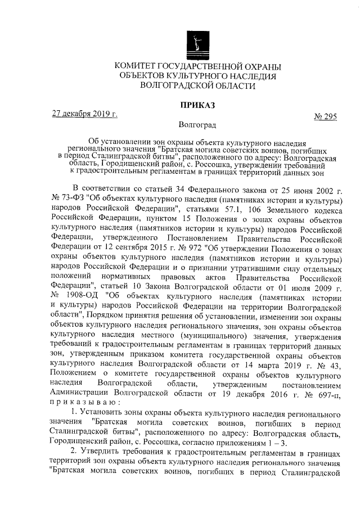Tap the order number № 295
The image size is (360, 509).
point(325,116)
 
